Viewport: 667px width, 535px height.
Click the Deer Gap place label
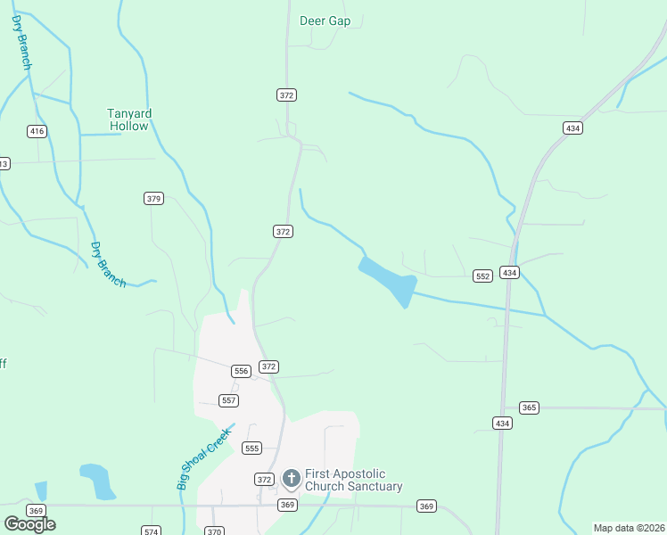(325, 21)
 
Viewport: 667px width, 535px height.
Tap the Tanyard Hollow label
(129, 119)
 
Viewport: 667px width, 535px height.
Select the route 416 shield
(37, 131)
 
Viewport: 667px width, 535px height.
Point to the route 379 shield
(153, 198)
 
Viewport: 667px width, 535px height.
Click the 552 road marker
(482, 276)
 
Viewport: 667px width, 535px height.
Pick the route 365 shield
(529, 407)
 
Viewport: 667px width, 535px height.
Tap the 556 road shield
(240, 370)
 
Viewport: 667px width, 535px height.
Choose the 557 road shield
(229, 400)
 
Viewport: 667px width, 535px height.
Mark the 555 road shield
(251, 449)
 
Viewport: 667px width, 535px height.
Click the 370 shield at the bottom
(214, 531)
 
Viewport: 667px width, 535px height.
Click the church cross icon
(291, 479)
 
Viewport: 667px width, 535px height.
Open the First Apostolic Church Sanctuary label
(353, 480)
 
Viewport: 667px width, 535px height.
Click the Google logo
(29, 524)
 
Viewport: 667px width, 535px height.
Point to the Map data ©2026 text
(630, 528)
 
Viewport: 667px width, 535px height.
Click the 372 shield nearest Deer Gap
(286, 95)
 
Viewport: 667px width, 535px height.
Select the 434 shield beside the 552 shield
(509, 272)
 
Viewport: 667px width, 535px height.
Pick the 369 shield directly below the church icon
(286, 505)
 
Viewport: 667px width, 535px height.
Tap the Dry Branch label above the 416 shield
(22, 42)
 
